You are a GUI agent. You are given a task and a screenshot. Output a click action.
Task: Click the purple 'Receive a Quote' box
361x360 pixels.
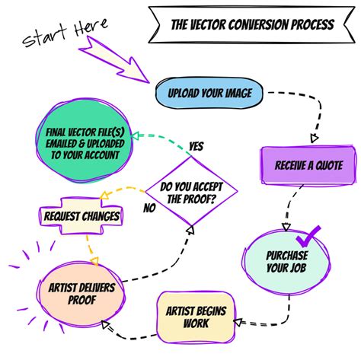coord(308,165)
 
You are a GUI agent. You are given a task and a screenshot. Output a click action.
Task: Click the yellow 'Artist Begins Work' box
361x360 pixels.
coord(196,317)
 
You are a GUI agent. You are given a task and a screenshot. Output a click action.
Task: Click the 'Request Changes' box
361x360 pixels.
coord(81,216)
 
